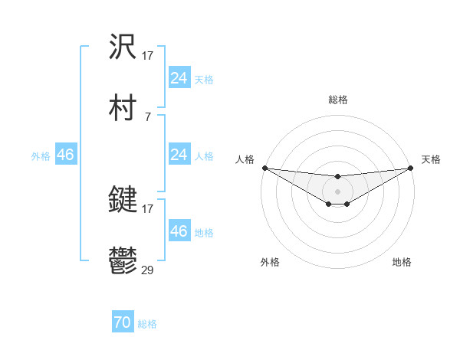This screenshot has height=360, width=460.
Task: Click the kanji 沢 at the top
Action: (123, 47)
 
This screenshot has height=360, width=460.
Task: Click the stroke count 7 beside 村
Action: (147, 116)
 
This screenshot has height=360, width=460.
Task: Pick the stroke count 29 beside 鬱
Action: (149, 270)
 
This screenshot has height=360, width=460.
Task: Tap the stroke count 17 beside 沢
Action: (148, 55)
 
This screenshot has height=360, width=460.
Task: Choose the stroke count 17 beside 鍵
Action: (148, 208)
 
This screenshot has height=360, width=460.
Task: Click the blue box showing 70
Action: (123, 323)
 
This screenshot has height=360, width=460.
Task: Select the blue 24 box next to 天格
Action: (179, 78)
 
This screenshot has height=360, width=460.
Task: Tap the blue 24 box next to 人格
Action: (179, 155)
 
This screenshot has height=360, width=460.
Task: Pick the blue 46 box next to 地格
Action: (179, 231)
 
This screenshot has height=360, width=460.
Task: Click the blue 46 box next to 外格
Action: (65, 155)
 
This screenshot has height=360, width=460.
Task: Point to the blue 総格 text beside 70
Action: (147, 324)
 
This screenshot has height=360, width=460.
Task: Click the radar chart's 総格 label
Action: (338, 100)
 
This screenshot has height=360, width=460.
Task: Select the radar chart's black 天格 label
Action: (431, 159)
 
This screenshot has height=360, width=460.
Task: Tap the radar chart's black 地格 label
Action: (402, 262)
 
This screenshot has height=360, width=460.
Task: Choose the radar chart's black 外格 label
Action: (270, 262)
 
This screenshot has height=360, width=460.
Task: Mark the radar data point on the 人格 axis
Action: (264, 168)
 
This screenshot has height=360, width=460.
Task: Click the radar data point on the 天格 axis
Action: (411, 168)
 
